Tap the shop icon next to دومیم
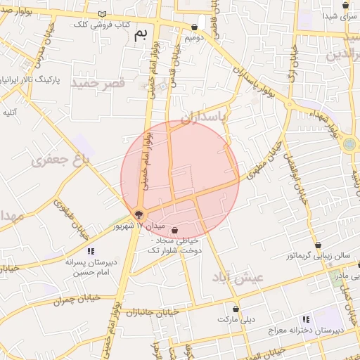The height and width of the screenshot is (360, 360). pyautogui.click(x=194, y=27)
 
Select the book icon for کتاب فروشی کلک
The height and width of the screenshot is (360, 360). pyautogui.click(x=103, y=14)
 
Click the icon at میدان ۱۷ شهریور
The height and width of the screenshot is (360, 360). pyautogui.click(x=139, y=214)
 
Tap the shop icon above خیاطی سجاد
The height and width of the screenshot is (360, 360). pyautogui.click(x=174, y=230)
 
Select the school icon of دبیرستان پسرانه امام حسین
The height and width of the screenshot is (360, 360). pyautogui.click(x=90, y=251)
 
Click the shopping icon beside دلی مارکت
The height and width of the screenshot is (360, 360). pyautogui.click(x=236, y=309)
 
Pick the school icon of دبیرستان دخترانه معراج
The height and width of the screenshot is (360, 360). pyautogui.click(x=305, y=319)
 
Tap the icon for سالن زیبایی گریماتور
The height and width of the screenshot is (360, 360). pyautogui.click(x=319, y=245)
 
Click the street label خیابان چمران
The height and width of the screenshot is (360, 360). pyautogui.click(x=77, y=299)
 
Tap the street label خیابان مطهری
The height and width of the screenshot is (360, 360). pyautogui.click(x=264, y=159)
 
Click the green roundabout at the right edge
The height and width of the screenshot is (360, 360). pyautogui.click(x=349, y=145)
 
